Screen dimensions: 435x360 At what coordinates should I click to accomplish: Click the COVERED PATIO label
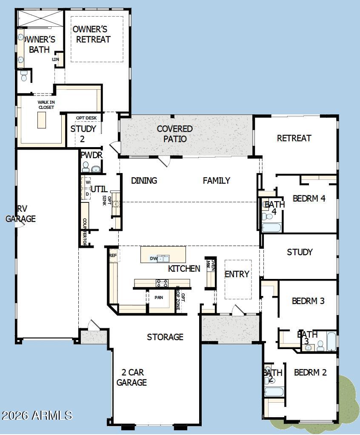click(174, 134)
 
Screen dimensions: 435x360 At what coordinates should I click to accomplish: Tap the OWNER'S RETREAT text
click(90, 34)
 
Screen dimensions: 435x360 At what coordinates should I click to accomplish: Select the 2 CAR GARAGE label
click(131, 378)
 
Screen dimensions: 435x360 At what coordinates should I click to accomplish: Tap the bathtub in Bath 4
click(271, 227)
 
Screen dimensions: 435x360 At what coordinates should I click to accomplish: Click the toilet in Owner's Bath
click(24, 76)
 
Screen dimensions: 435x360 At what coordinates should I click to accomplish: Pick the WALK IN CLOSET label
click(46, 105)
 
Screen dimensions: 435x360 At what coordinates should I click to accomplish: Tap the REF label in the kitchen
click(113, 256)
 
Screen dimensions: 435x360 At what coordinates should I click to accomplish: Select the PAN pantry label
click(159, 297)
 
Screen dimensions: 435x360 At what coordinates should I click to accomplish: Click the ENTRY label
click(237, 274)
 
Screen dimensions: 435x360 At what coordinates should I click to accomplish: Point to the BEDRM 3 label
click(308, 301)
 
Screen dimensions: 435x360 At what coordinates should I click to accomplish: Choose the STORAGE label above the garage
click(165, 337)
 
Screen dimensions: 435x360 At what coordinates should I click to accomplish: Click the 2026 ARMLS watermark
click(37, 415)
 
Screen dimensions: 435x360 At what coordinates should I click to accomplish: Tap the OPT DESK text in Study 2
click(86, 118)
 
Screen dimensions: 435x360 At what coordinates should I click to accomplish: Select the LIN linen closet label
click(55, 60)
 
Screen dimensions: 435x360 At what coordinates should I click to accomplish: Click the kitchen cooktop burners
click(162, 282)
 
